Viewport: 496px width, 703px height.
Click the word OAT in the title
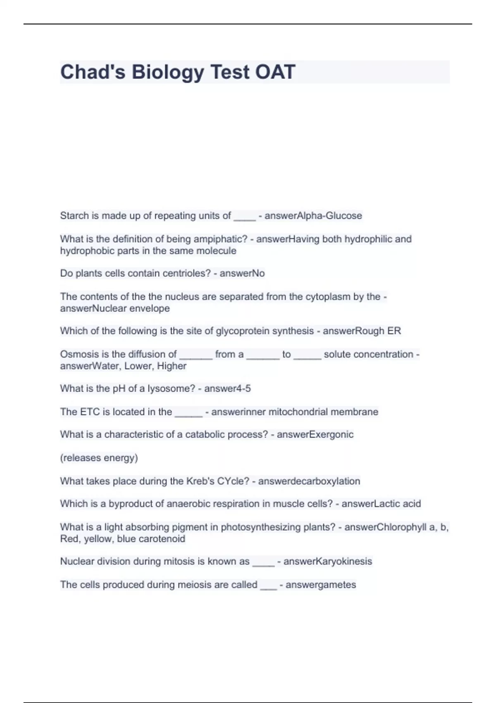pyautogui.click(x=275, y=72)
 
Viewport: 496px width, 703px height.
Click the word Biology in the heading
pyautogui.click(x=167, y=72)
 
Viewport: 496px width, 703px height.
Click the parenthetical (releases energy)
pyautogui.click(x=99, y=458)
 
